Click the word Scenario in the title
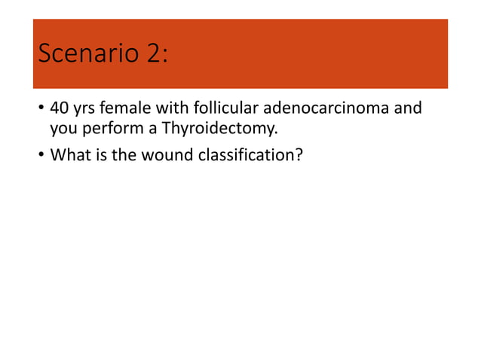(84, 54)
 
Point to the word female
(126, 108)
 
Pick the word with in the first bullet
(171, 108)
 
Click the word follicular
(220, 108)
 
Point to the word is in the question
(98, 156)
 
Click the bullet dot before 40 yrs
(40, 110)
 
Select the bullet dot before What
(40, 157)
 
